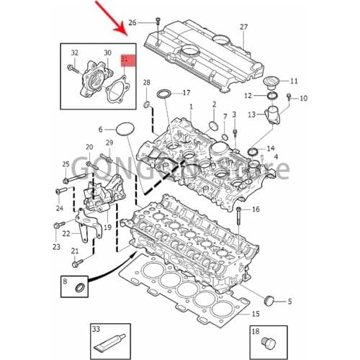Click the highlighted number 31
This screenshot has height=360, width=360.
point(124,58)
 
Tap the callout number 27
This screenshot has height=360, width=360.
point(243,27)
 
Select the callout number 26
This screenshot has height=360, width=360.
point(142,22)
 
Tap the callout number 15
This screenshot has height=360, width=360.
point(255,314)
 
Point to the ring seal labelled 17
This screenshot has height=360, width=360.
point(165,94)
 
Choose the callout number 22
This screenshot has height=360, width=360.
point(67,233)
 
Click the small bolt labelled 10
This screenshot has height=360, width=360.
point(289,97)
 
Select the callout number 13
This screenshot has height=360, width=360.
point(251,114)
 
